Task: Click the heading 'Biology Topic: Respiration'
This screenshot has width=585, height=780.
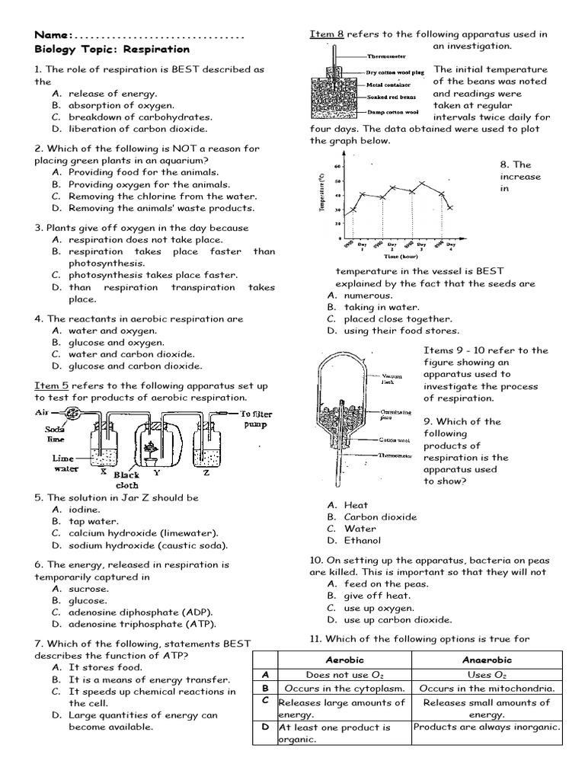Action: tap(112, 50)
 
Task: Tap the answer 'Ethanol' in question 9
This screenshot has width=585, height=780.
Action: tap(362, 541)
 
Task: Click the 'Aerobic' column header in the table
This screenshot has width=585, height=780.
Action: tap(344, 660)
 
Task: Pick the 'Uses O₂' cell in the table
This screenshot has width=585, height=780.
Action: tap(487, 675)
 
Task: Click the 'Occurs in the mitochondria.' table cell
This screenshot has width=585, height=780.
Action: tap(487, 689)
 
